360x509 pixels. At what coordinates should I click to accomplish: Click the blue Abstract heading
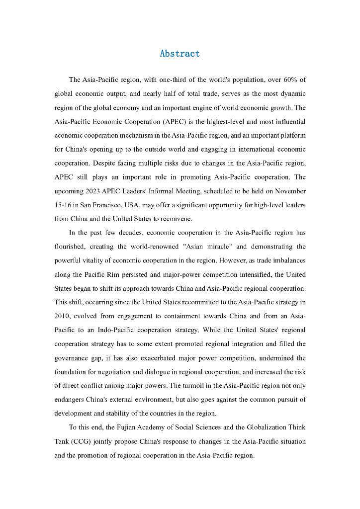point(180,54)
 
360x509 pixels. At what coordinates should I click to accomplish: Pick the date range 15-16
point(63,205)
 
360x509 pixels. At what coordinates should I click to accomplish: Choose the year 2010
point(63,316)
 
